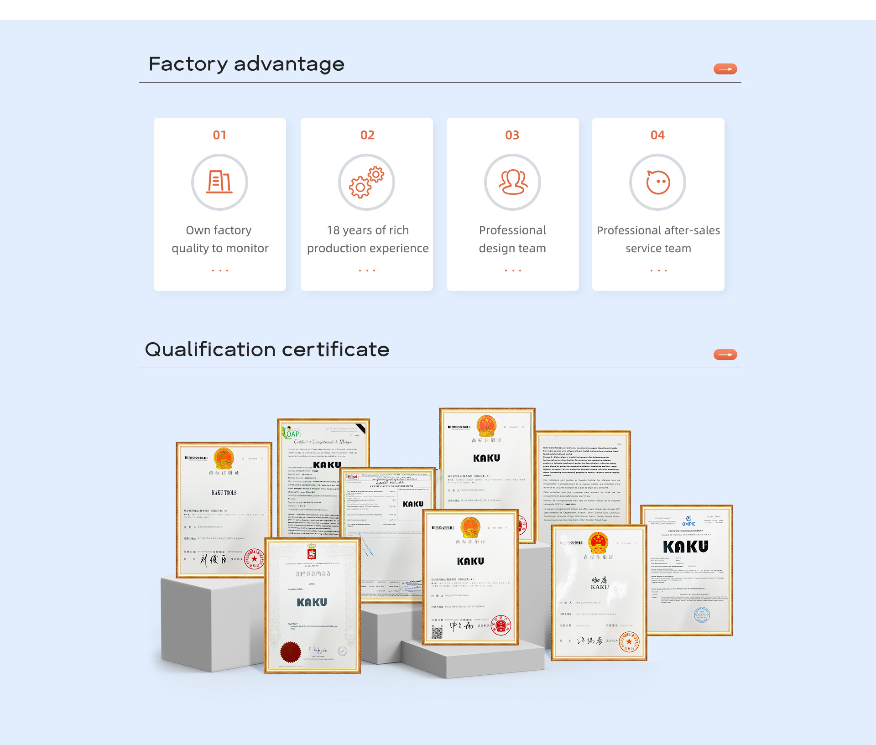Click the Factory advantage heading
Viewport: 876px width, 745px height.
tap(246, 64)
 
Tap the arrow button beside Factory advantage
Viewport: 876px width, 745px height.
tap(725, 69)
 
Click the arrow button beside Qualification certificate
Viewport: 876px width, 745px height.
tap(725, 354)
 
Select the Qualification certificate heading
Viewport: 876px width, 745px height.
tap(267, 349)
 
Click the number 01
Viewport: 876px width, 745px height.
tap(219, 135)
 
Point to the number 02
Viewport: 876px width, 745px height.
tap(367, 135)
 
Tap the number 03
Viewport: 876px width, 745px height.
tap(512, 135)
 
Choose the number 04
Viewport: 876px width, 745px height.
tap(657, 135)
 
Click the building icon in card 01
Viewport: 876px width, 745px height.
tap(219, 182)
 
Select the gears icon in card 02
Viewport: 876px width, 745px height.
tap(366, 182)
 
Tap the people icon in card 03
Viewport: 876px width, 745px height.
tap(512, 182)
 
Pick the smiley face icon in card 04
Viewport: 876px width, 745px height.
tap(657, 182)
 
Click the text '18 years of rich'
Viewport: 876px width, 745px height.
tap(368, 230)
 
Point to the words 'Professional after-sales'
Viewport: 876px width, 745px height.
tap(658, 230)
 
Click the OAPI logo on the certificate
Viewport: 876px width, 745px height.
tap(292, 433)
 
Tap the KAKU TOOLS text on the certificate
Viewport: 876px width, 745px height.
tap(224, 493)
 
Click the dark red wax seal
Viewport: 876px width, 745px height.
tap(290, 652)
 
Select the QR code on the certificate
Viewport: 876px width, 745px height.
tap(437, 633)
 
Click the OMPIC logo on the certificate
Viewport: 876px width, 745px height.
tap(688, 521)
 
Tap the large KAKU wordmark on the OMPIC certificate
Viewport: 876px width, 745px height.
tap(685, 547)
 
